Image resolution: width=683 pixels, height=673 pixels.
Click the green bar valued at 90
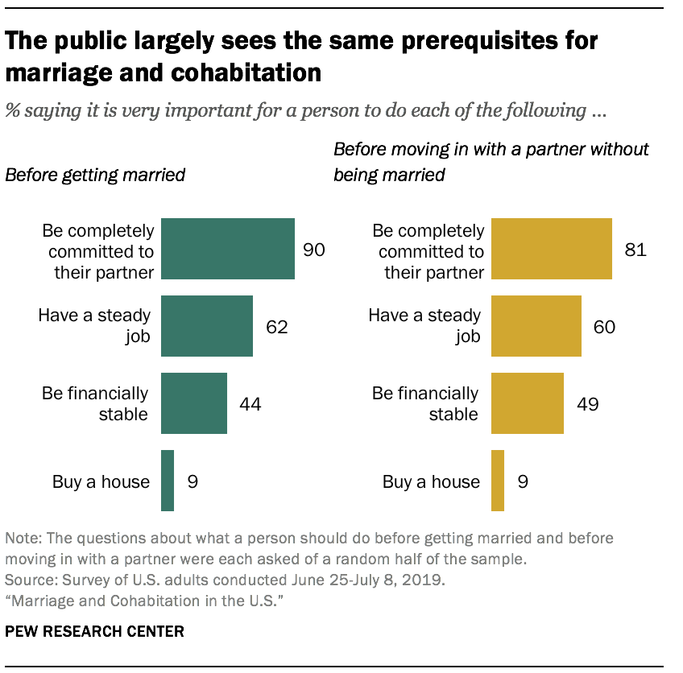[x=228, y=249]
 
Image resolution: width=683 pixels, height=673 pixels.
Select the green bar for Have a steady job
[x=207, y=326]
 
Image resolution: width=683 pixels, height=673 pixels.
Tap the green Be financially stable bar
[x=194, y=403]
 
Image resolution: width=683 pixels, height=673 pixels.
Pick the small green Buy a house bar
[x=168, y=481]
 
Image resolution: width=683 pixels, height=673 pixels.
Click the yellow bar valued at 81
[x=552, y=249]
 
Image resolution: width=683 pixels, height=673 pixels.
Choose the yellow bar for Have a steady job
[x=536, y=326]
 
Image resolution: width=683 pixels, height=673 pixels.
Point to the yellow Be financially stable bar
[x=528, y=403]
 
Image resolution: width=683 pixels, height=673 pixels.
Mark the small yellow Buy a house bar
[x=498, y=481]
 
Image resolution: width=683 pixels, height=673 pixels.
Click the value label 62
[x=276, y=327]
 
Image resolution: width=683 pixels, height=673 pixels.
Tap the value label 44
[x=250, y=404]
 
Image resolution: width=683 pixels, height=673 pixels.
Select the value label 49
[x=587, y=404]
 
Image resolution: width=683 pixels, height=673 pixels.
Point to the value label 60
[x=605, y=327]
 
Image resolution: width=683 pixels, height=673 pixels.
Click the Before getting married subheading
[x=96, y=175]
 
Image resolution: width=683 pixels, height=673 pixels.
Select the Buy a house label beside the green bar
[x=101, y=481]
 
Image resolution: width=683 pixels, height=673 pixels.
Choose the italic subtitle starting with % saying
[x=306, y=111]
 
